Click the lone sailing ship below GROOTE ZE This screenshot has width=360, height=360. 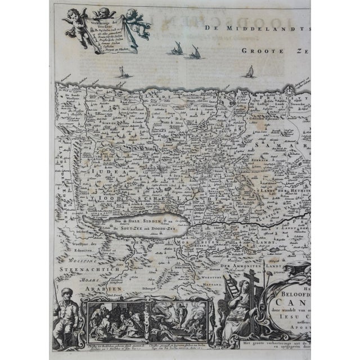point(250,72)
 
